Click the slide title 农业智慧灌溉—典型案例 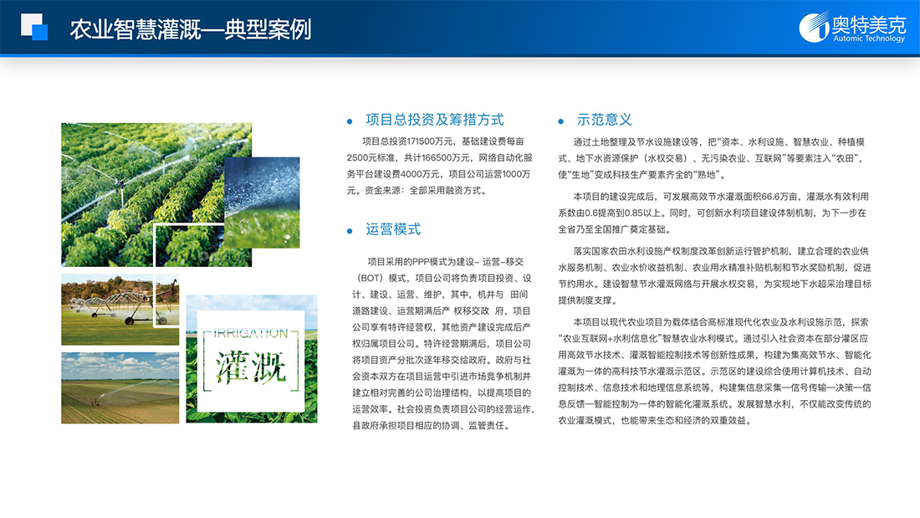point(191,29)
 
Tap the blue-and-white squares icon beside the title point(34,27)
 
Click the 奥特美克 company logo point(852,27)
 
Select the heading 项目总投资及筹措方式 point(435,120)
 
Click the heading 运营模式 point(393,229)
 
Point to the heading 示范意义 point(605,120)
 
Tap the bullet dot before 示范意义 point(561,121)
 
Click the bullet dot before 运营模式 point(350,232)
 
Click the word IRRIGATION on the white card point(251,334)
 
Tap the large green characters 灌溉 point(251,367)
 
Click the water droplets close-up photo point(262,202)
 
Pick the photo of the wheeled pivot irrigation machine point(120,310)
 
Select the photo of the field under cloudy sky point(120,387)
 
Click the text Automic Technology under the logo point(869,38)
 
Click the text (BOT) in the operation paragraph point(371,279)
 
